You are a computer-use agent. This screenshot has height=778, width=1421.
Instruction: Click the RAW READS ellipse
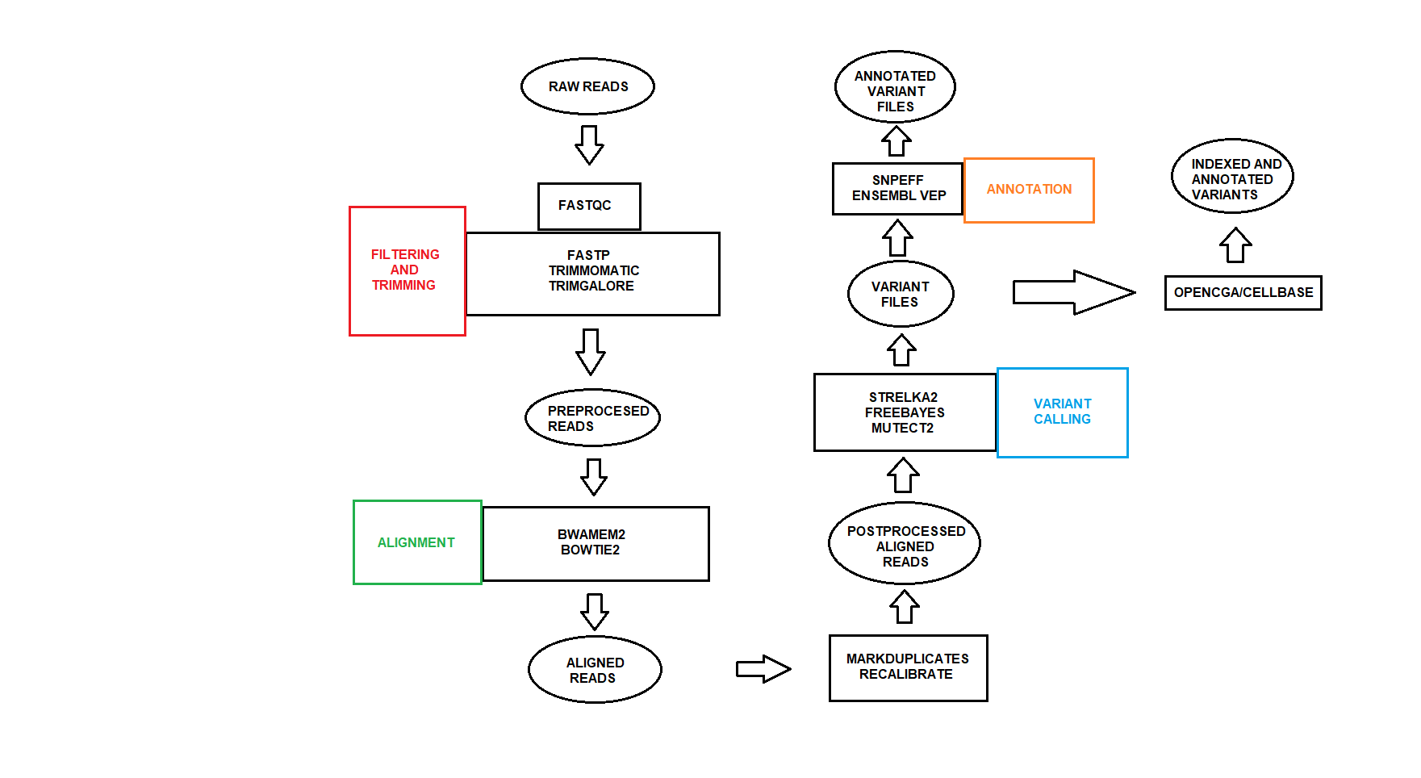coord(587,86)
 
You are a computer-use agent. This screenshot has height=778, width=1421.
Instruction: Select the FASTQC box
coord(589,206)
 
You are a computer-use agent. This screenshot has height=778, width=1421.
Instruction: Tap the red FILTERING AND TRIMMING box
coord(407,270)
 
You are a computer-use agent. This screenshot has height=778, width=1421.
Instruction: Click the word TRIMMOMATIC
coord(594,270)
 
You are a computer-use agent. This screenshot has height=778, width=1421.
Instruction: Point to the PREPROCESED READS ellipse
coord(592,418)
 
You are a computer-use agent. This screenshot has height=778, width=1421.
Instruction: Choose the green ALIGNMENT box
coord(417,542)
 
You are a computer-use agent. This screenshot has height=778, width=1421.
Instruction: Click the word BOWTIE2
coord(590,550)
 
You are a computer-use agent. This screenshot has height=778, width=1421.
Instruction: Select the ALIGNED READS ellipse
coord(595,670)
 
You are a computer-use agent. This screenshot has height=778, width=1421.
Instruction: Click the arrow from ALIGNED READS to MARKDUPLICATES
coord(763,669)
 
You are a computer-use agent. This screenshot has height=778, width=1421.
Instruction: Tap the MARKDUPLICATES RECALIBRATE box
coord(908,667)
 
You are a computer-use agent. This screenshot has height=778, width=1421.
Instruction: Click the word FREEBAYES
coord(905,412)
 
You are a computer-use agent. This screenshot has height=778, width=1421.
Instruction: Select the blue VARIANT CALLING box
coord(1062,412)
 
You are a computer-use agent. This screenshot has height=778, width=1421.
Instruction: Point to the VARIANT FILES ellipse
coord(901,294)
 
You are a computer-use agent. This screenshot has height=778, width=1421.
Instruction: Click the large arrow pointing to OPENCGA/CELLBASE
coord(1073,292)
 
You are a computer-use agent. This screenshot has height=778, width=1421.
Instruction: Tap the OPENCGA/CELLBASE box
coord(1243,293)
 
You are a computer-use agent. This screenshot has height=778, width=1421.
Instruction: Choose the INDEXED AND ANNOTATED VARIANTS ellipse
coord(1232,177)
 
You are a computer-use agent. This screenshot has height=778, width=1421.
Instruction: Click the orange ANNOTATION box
coord(1029,190)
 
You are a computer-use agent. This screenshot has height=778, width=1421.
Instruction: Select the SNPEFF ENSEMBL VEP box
coord(897,189)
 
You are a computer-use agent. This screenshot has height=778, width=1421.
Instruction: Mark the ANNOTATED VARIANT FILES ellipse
coord(895,87)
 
